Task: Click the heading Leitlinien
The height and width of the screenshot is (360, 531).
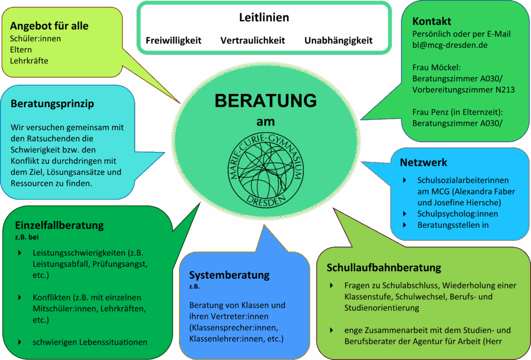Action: click(x=264, y=17)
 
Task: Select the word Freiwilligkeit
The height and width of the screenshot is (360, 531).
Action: click(x=173, y=40)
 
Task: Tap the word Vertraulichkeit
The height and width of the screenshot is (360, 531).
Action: click(x=253, y=40)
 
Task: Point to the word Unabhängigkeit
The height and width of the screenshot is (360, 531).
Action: click(x=338, y=40)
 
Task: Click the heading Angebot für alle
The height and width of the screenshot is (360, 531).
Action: click(x=49, y=26)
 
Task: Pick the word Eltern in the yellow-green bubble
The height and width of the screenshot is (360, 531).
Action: click(x=21, y=50)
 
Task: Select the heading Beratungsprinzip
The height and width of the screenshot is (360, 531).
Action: click(x=52, y=104)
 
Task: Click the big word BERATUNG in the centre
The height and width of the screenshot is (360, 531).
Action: click(x=266, y=101)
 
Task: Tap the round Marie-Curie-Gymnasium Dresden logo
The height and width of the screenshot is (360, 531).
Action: click(x=266, y=170)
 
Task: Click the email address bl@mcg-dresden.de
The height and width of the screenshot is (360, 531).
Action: click(x=450, y=45)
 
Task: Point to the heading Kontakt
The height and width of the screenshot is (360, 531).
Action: click(x=432, y=21)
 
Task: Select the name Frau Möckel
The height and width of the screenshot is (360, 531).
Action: click(x=436, y=67)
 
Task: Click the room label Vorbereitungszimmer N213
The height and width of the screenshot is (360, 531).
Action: click(x=463, y=90)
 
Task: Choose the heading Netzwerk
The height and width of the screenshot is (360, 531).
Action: click(x=423, y=162)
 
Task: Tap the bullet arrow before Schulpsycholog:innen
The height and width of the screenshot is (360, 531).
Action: click(x=404, y=214)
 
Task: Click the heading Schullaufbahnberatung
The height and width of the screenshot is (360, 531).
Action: click(x=384, y=268)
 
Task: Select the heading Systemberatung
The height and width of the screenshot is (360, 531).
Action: click(x=229, y=275)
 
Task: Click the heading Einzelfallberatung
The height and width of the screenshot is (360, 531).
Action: click(x=59, y=226)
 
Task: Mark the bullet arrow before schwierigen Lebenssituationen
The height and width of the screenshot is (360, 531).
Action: click(x=20, y=342)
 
